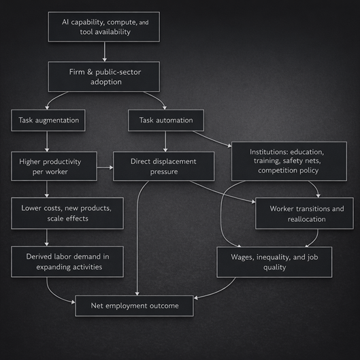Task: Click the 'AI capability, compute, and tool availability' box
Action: tap(103, 27)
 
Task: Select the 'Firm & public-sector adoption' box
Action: tap(103, 76)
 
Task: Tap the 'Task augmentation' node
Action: tap(46, 120)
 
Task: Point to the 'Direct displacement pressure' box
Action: tap(163, 166)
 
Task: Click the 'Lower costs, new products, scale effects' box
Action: tap(67, 213)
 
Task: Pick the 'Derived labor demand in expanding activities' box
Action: tap(67, 261)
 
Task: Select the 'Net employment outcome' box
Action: tap(134, 306)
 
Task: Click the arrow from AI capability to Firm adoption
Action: tap(103, 52)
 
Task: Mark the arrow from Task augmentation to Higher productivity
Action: tap(46, 142)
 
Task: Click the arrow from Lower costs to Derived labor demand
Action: tap(46, 238)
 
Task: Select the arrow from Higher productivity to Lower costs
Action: tap(46, 189)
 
